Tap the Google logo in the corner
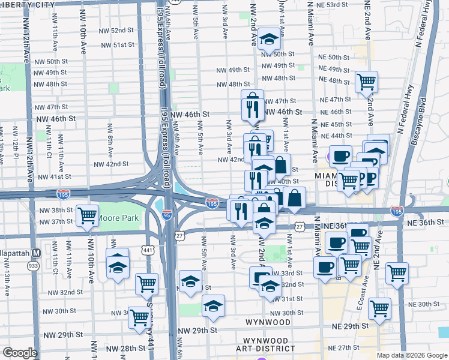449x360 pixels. (x=20, y=353)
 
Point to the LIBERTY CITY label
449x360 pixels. (x=26, y=4)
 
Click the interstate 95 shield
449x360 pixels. (x=167, y=214)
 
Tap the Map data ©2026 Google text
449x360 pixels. (x=412, y=355)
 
